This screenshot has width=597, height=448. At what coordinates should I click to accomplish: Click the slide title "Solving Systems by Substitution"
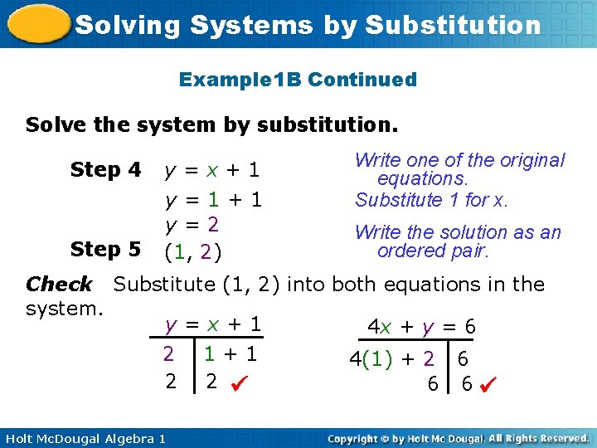(x=308, y=25)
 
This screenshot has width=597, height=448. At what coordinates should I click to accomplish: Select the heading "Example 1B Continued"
(x=298, y=80)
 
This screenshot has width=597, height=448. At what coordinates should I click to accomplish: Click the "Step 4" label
(x=106, y=170)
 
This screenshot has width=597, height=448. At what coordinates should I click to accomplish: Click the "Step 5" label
(x=106, y=249)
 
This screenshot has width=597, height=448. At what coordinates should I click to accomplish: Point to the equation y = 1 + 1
(x=213, y=200)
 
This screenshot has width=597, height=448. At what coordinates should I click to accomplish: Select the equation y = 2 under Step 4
(x=192, y=225)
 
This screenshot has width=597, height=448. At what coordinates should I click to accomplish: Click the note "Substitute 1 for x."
(x=431, y=200)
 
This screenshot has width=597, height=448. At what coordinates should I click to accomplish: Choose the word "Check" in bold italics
(x=59, y=285)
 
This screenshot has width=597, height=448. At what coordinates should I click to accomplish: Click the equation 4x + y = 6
(x=422, y=327)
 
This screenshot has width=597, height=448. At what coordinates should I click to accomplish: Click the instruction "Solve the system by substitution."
(x=211, y=125)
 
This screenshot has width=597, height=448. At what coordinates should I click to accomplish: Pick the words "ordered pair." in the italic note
(x=434, y=251)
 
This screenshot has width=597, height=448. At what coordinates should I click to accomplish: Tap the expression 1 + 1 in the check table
(x=231, y=354)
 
